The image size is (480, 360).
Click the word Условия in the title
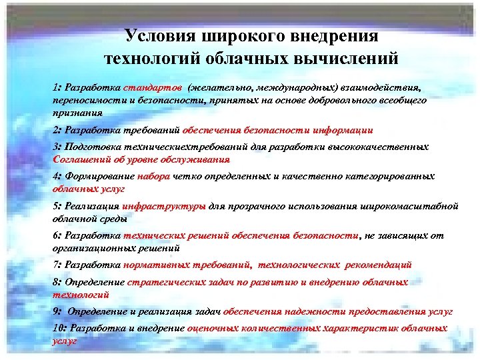tap(156, 36)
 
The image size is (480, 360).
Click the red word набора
tap(154, 177)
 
